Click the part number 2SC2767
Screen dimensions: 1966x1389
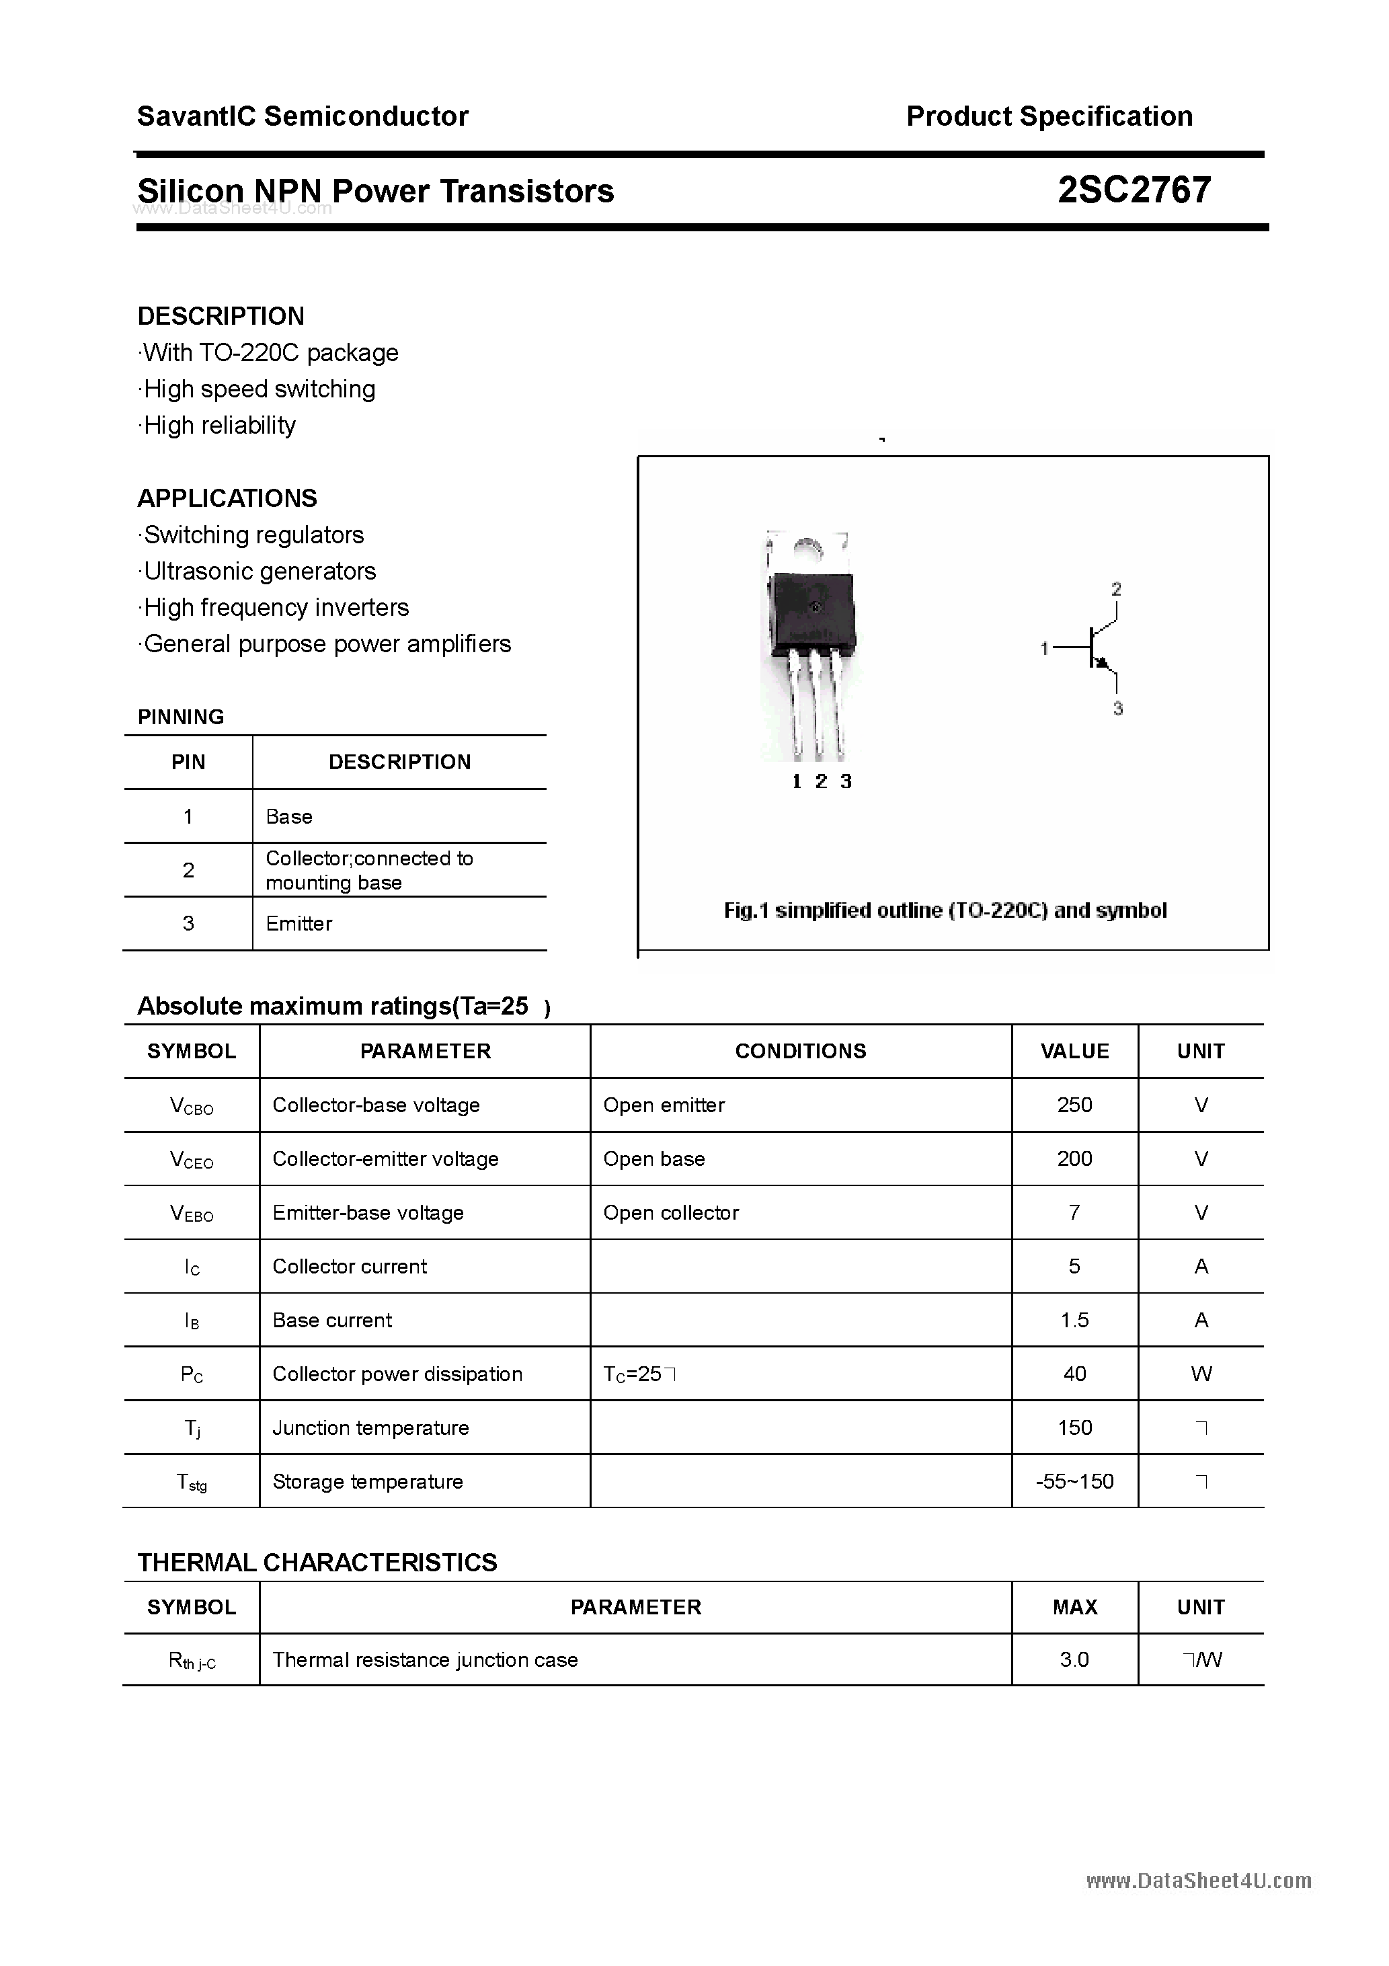1134,190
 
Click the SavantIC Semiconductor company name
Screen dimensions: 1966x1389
303,116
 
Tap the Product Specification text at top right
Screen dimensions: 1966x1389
1049,116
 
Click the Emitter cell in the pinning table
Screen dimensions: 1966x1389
299,924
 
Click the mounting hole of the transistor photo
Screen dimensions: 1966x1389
806,548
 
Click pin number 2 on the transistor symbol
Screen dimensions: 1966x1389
1116,589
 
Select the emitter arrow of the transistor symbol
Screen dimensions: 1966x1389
1104,663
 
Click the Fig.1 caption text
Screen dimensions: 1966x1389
945,910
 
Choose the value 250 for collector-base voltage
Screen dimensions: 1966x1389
1074,1105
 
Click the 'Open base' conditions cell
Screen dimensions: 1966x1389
654,1159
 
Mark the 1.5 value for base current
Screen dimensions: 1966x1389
1074,1321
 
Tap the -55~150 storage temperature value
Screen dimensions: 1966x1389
1074,1482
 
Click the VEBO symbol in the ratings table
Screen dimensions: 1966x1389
192,1214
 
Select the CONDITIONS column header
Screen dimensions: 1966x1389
800,1052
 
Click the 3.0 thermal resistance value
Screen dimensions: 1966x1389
1074,1660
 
